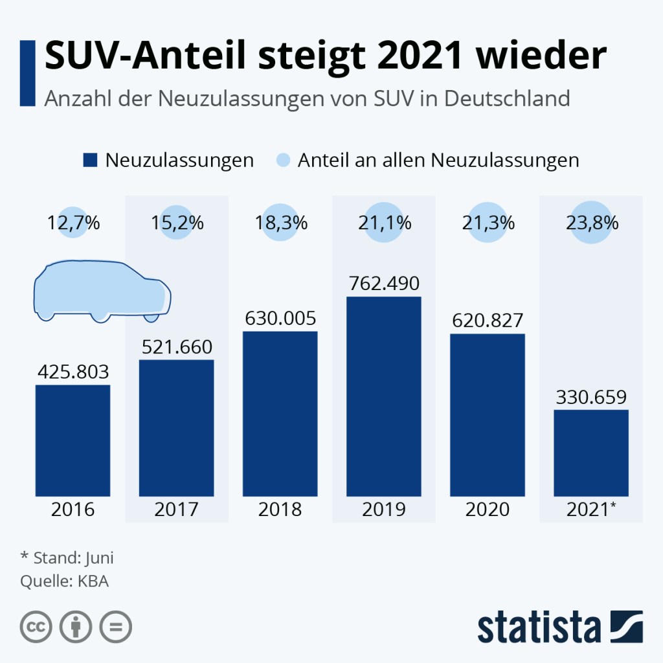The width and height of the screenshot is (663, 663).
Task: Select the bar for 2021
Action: click(591, 453)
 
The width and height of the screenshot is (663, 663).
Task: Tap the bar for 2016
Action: click(73, 440)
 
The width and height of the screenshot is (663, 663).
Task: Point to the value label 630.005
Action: click(280, 319)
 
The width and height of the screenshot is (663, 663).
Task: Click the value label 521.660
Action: click(176, 347)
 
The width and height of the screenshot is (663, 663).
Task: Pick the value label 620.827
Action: click(487, 320)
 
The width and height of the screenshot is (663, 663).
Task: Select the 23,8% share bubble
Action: click(591, 223)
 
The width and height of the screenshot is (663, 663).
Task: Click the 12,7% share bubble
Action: click(73, 223)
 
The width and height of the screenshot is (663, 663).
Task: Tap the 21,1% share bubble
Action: click(384, 223)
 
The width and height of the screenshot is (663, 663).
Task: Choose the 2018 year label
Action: click(280, 509)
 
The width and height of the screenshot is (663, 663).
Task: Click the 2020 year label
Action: click(487, 509)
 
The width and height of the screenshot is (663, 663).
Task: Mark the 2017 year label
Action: click(176, 509)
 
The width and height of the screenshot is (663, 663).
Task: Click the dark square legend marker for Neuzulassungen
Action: click(90, 160)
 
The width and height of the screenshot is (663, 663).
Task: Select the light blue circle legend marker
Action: click(283, 160)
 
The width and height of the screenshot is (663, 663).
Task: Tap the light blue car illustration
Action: click(102, 291)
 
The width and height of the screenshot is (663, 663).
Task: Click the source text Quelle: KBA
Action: click(64, 581)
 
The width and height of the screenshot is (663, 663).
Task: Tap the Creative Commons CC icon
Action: click(36, 627)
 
